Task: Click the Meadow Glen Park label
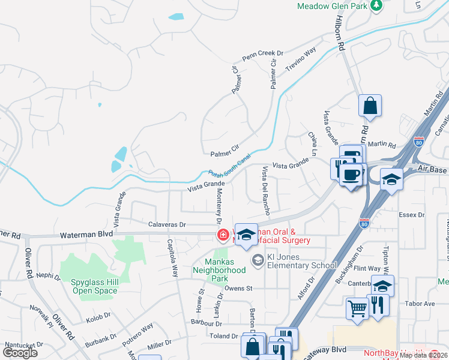click(331, 6)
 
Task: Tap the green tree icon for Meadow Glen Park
click(376, 5)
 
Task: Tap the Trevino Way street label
click(300, 61)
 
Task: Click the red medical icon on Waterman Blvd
click(223, 235)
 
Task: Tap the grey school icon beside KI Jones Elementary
click(258, 260)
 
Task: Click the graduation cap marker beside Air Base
click(391, 180)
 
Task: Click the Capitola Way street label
click(172, 259)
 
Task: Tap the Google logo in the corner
click(20, 352)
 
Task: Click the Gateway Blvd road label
click(328, 350)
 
